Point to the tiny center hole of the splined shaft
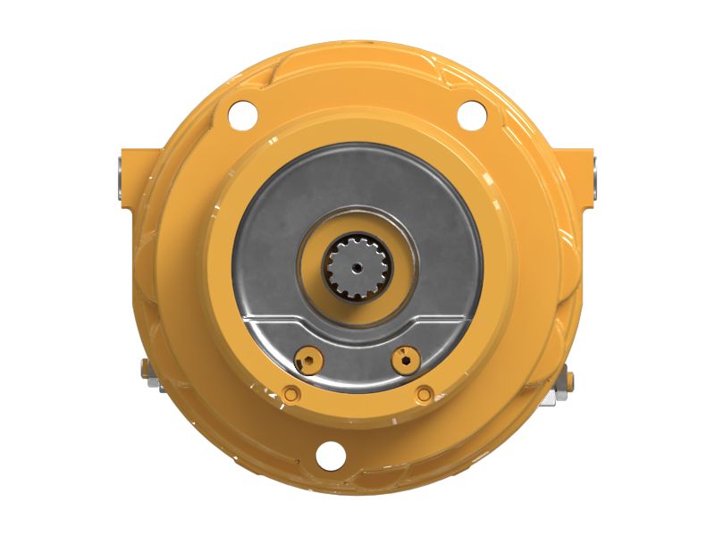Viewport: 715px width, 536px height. point(355,265)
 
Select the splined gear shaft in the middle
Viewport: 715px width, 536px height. point(355,265)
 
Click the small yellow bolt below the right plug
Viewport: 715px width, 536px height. point(424,393)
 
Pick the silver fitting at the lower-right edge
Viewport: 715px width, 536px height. point(566,381)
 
